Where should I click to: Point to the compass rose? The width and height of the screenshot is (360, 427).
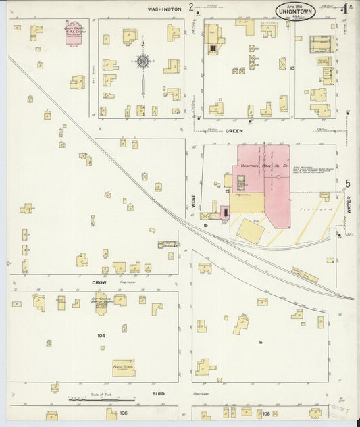[x=143, y=62]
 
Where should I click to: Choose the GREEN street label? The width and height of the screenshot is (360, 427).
[x=234, y=131]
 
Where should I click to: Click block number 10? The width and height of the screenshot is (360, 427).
[x=292, y=68]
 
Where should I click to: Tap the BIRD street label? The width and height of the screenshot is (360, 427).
[x=158, y=393]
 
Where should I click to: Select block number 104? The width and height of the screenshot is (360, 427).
[x=101, y=335]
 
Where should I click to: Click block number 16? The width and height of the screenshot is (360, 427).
[x=259, y=343]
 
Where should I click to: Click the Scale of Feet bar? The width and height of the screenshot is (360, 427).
[x=101, y=400]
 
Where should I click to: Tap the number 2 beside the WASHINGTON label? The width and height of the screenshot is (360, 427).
[x=192, y=8]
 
